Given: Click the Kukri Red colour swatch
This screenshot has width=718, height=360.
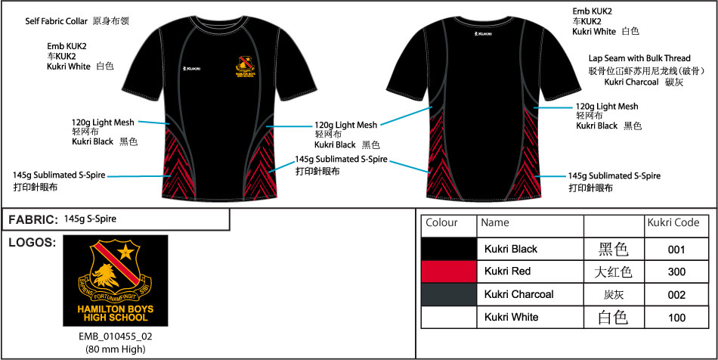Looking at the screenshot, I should pyautogui.click(x=449, y=271).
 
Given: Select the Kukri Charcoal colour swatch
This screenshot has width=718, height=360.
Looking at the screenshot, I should pyautogui.click(x=449, y=293).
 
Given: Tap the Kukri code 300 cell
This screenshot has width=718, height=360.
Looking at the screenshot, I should pyautogui.click(x=676, y=271).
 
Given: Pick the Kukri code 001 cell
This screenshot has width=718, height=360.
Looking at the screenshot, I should pyautogui.click(x=676, y=248).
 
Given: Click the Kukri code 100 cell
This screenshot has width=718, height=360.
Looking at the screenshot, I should pyautogui.click(x=676, y=317).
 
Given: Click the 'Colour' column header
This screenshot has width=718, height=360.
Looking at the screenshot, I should pyautogui.click(x=442, y=223).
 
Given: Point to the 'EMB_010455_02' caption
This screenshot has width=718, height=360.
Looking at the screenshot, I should pyautogui.click(x=116, y=337).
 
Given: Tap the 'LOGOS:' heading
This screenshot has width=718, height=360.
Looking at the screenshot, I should pyautogui.click(x=30, y=243).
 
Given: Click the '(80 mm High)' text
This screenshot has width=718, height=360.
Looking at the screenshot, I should pyautogui.click(x=116, y=349).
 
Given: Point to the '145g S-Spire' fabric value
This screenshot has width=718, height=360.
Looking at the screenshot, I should pyautogui.click(x=91, y=219).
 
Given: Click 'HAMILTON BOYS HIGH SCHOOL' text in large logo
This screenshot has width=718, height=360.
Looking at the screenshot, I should pyautogui.click(x=116, y=314).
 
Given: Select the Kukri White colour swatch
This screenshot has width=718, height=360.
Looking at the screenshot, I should pyautogui.click(x=449, y=317).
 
